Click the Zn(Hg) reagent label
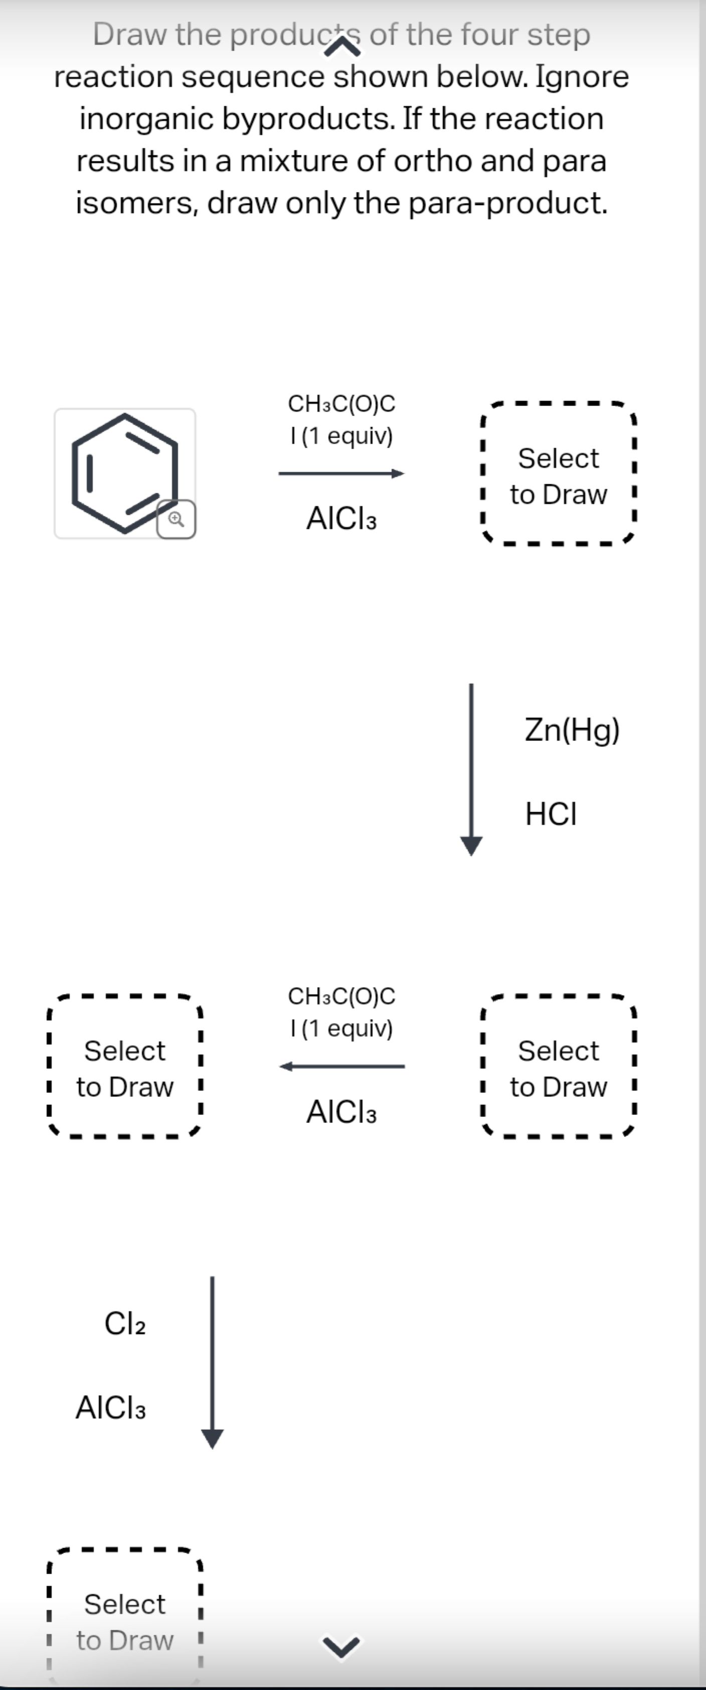coord(572,729)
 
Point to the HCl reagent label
coord(551,814)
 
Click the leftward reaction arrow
coord(341,1067)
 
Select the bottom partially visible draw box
coord(125,1620)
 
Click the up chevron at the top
coord(341,47)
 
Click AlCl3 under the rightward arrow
coord(341,519)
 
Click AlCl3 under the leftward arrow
coord(341,1112)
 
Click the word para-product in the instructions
coord(508,203)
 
